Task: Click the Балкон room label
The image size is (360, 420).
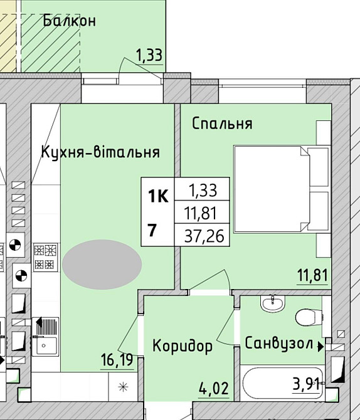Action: pyautogui.click(x=69, y=21)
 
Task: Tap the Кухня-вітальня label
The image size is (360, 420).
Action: pyautogui.click(x=100, y=152)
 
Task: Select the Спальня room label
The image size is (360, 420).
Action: pyautogui.click(x=222, y=123)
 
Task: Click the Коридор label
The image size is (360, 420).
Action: pyautogui.click(x=183, y=345)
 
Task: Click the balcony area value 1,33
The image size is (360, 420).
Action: pyautogui.click(x=149, y=55)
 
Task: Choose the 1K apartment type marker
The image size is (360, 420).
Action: pyautogui.click(x=157, y=197)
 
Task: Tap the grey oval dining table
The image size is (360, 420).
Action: pyautogui.click(x=101, y=265)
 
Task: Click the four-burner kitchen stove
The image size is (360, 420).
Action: pyautogui.click(x=46, y=257)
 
